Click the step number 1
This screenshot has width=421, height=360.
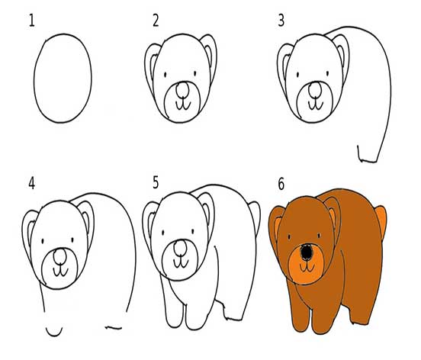click(x=32, y=21)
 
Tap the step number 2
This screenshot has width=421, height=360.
click(x=156, y=21)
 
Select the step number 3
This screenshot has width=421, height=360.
click(x=281, y=21)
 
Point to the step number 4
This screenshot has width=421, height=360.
click(x=32, y=184)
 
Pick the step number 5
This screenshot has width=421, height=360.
click(x=156, y=182)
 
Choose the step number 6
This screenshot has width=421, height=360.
click(x=281, y=184)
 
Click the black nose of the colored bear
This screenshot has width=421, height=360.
click(x=307, y=252)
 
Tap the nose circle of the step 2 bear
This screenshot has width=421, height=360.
click(x=182, y=90)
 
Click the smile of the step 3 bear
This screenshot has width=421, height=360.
click(x=316, y=105)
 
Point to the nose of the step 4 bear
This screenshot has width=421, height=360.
click(x=60, y=256)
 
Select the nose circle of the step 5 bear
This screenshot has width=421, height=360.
click(x=180, y=248)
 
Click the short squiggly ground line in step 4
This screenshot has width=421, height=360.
click(x=114, y=327)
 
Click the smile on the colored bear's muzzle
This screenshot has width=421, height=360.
click(x=307, y=267)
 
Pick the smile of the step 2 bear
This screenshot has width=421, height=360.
click(x=183, y=105)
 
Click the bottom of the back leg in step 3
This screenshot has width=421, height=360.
click(x=368, y=161)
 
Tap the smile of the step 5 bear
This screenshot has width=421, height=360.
click(x=181, y=263)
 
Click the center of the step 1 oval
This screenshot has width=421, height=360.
click(x=63, y=78)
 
